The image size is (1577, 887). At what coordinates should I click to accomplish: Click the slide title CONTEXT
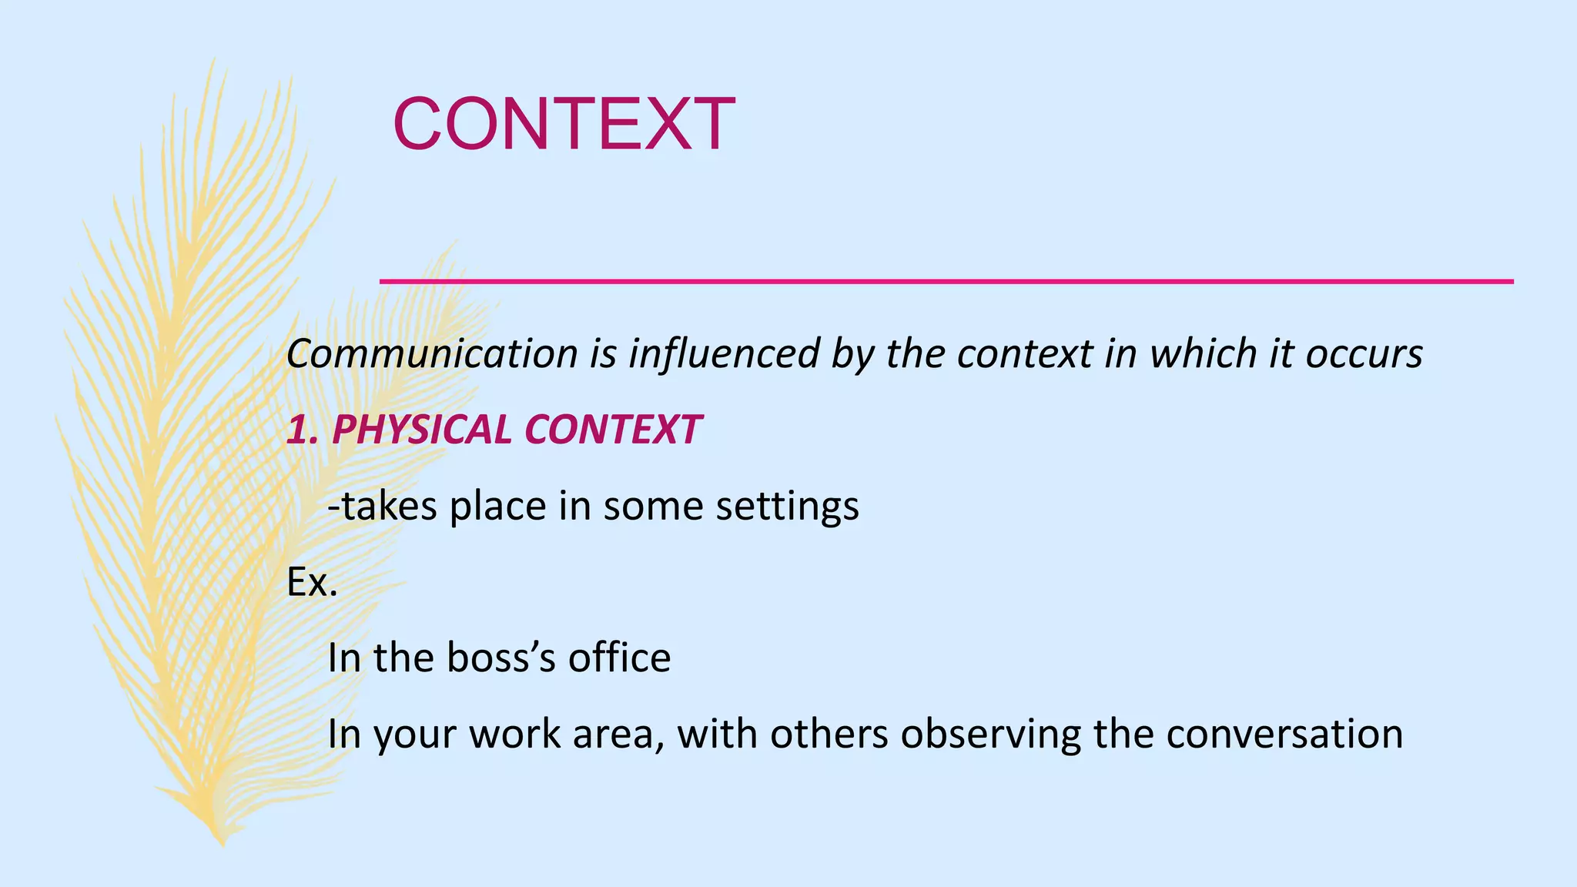[x=564, y=124]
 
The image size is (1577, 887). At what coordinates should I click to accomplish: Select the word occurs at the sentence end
[x=1364, y=354]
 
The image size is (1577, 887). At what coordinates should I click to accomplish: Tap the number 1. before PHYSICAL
[x=302, y=430]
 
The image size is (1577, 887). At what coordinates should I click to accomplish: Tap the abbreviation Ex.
[x=312, y=583]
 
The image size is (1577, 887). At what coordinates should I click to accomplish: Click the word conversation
[x=1284, y=734]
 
